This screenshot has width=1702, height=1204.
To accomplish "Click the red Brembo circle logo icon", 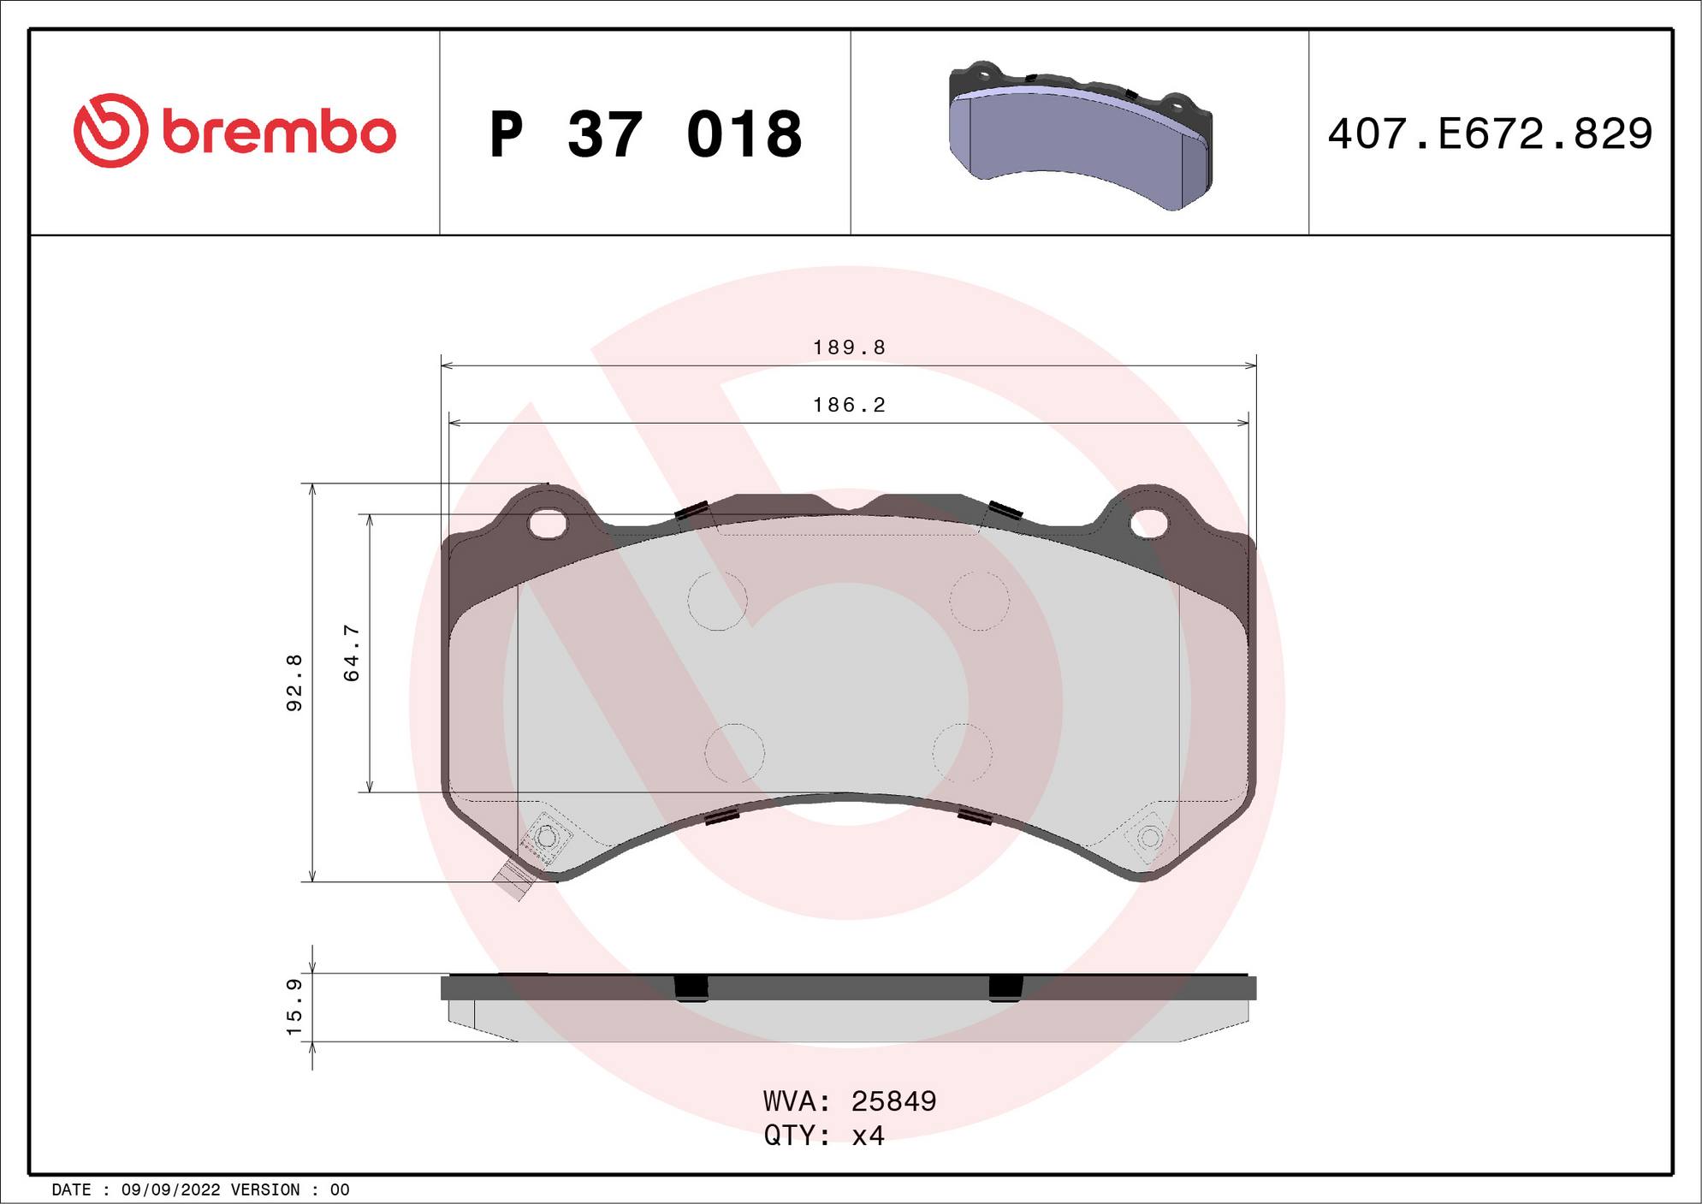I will tap(110, 130).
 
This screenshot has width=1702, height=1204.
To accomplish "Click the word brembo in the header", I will tap(279, 133).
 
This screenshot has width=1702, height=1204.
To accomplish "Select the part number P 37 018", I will tap(646, 134).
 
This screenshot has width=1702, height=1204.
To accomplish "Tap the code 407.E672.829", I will tap(1490, 133).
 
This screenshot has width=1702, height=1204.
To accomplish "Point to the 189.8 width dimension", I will tap(849, 347).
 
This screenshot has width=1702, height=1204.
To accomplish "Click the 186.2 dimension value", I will tap(849, 405).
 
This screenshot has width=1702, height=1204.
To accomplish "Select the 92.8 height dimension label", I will tap(294, 682).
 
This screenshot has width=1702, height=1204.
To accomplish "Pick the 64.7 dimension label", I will tap(352, 653).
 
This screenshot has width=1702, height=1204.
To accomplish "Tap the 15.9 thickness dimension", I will tap(294, 1007).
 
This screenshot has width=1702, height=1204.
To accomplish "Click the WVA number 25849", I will tap(893, 1101).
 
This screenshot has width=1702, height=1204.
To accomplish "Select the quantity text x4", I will tap(868, 1136).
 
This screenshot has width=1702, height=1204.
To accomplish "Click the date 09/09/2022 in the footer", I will tap(171, 1189).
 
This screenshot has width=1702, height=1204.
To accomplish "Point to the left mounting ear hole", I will tap(548, 523).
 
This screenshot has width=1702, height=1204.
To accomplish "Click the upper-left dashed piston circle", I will tap(717, 601).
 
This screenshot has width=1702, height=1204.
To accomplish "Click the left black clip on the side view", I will tap(691, 987).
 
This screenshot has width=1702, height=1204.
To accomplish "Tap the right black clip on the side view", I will tap(1005, 987).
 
